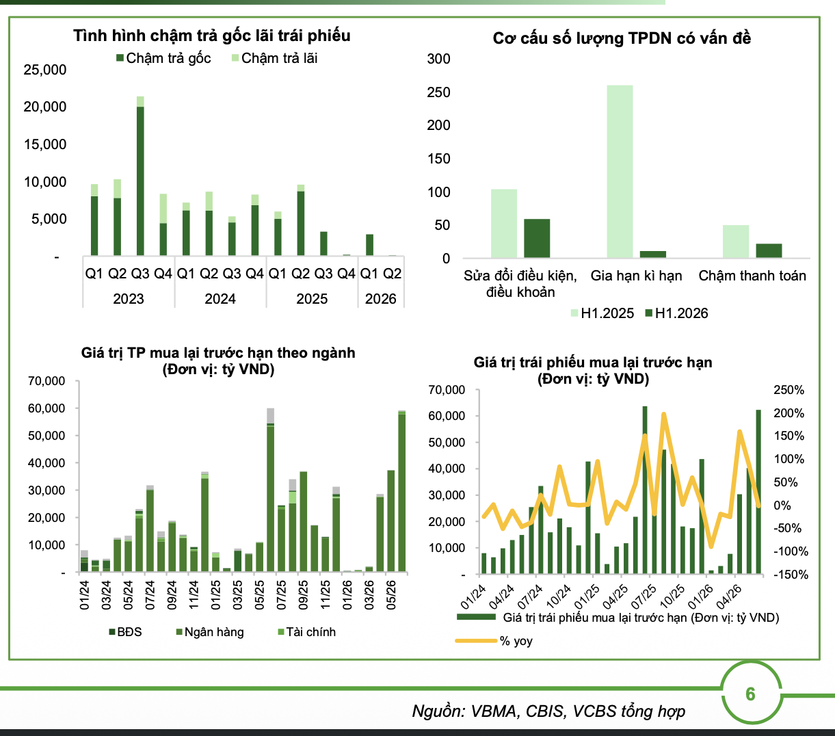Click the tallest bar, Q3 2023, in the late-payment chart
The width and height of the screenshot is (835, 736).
click(140, 176)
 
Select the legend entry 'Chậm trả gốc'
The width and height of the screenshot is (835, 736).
click(163, 59)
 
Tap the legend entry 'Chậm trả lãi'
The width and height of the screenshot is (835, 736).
click(274, 59)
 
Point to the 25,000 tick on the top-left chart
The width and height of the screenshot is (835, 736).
click(45, 70)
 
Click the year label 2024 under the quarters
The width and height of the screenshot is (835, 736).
click(220, 298)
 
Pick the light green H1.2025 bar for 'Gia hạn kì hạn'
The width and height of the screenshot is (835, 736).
click(620, 172)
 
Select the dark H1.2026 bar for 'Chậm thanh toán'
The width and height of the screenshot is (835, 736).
click(769, 251)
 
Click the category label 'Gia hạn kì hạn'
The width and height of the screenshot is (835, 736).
click(637, 276)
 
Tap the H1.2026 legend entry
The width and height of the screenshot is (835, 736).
click(677, 313)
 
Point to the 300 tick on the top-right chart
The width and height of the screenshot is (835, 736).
click(438, 59)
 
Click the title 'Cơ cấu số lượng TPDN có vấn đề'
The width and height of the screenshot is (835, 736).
click(622, 38)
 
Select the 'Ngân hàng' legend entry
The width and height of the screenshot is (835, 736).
click(210, 632)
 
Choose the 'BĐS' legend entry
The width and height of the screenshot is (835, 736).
click(125, 632)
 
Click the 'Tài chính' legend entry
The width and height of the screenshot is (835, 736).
click(307, 632)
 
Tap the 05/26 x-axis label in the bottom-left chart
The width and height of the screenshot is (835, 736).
click(391, 595)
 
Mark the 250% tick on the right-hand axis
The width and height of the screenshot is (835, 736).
click(789, 390)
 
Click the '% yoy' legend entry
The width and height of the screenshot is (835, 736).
click(494, 641)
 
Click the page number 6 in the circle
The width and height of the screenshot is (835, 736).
click(750, 694)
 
